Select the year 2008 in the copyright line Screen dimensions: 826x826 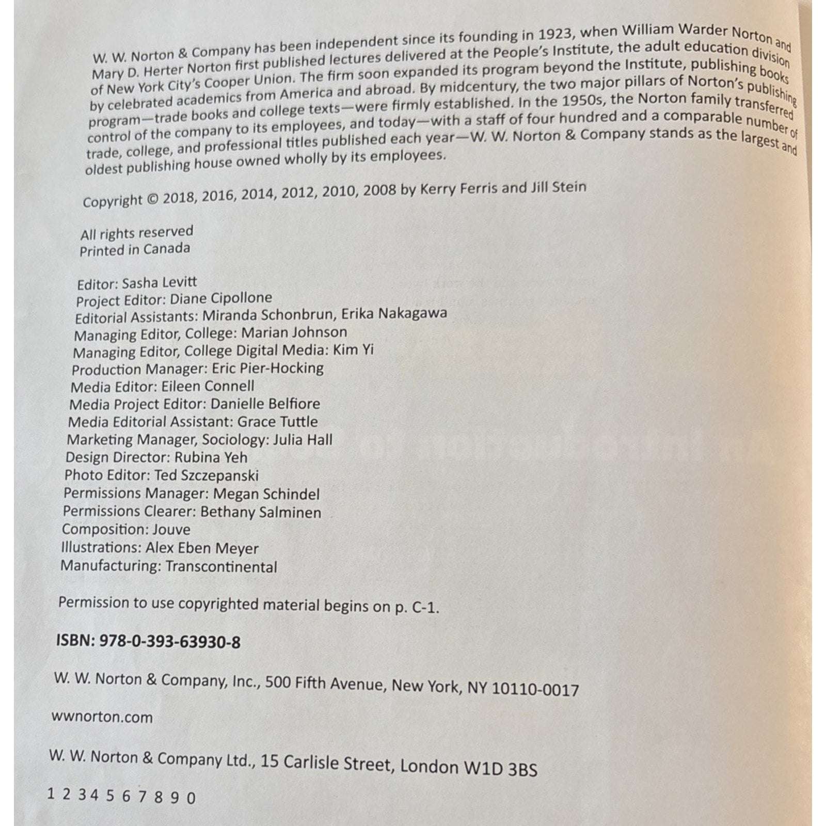[x=380, y=190]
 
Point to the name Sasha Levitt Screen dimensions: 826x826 [x=160, y=282]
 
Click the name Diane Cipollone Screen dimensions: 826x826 [x=221, y=298]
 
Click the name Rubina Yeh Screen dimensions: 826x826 [x=211, y=457]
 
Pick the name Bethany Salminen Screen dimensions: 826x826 [x=261, y=512]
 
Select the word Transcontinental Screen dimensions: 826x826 [x=221, y=567]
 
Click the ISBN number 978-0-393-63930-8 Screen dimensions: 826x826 [x=169, y=642]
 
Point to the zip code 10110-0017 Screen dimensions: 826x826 [x=535, y=689]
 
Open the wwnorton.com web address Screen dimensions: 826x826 [x=102, y=717]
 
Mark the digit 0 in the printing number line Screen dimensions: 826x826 [x=191, y=798]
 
